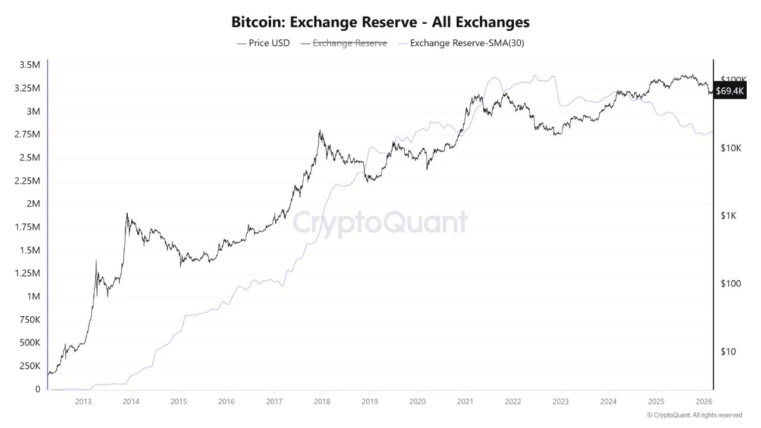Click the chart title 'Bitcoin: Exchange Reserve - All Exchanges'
coord(380,23)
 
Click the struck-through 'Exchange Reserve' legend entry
coord(350,43)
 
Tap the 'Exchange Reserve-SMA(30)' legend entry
coord(467,43)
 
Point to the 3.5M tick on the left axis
coord(29,65)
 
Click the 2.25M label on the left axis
coord(27,181)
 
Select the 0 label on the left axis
coord(37,389)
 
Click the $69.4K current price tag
coord(730,91)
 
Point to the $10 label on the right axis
coord(728,351)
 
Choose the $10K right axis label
coord(731,148)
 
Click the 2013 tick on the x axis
coord(83,401)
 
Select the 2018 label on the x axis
coord(322,401)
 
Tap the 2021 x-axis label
coord(465,401)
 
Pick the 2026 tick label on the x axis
coord(704,401)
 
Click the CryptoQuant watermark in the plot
coord(380,222)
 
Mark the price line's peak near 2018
coord(320,130)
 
